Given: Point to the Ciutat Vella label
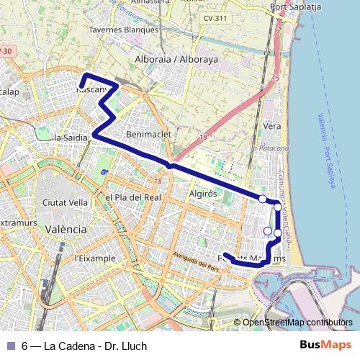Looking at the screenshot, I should click(x=65, y=202).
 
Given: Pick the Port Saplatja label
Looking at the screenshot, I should click(x=294, y=6).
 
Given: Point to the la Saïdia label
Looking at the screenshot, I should click(x=71, y=137).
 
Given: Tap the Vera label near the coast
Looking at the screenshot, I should click(x=271, y=125).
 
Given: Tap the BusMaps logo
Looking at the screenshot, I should click(x=327, y=346).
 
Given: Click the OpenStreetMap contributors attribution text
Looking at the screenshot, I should click(x=297, y=323).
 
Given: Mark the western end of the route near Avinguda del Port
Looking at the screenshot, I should click(x=225, y=254).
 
